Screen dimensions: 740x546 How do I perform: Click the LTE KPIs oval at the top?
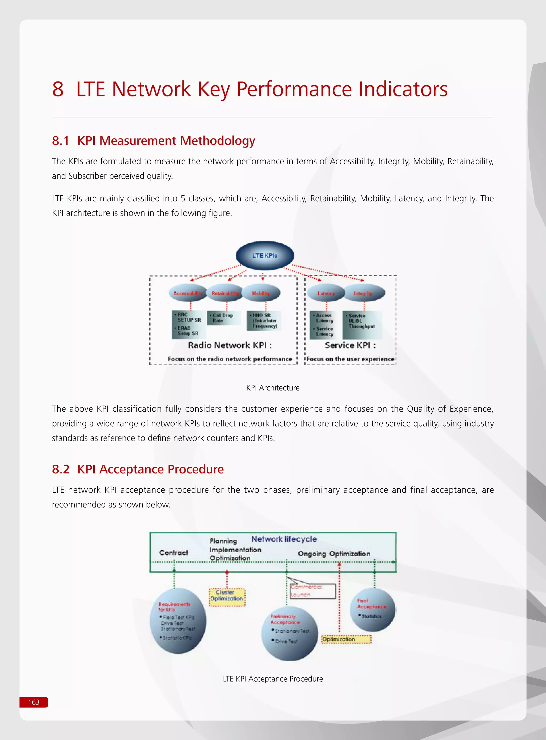(x=265, y=255)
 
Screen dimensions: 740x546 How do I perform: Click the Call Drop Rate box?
(x=223, y=318)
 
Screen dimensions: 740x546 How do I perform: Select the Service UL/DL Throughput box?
(x=362, y=325)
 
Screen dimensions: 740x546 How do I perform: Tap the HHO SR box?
(x=264, y=321)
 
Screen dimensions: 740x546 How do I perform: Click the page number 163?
(x=34, y=702)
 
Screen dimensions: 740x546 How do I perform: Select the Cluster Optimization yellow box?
(x=227, y=597)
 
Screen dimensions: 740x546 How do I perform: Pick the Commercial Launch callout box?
(x=313, y=591)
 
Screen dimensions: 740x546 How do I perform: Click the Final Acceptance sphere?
(x=372, y=610)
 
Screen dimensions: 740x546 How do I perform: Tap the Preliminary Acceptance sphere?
(x=290, y=633)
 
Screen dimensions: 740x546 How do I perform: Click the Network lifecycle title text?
(x=284, y=539)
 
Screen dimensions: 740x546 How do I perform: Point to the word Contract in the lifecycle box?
(x=174, y=553)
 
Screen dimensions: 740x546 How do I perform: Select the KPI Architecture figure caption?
(x=273, y=388)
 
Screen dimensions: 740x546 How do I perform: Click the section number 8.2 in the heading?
(x=61, y=469)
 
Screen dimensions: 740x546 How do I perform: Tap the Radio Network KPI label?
(x=230, y=345)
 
